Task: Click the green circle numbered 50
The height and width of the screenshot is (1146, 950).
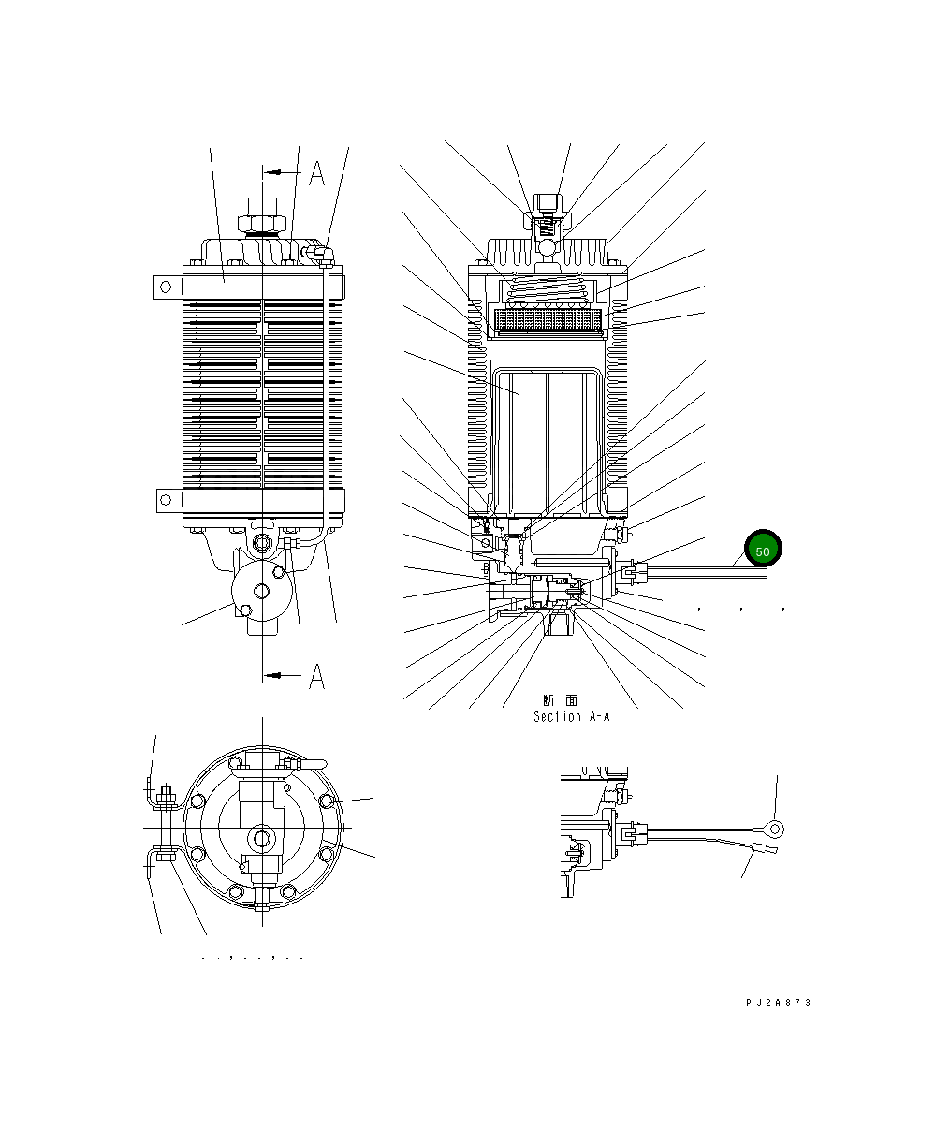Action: tap(762, 551)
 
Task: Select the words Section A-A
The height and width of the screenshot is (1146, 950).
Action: tap(571, 716)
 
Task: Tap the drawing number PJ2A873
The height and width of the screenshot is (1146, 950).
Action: tap(778, 1002)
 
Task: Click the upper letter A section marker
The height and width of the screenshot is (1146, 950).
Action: tap(317, 173)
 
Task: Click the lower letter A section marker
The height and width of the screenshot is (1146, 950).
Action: tap(317, 676)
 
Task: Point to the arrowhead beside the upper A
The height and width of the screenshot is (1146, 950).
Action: tap(270, 172)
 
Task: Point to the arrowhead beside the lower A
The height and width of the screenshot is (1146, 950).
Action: tap(270, 675)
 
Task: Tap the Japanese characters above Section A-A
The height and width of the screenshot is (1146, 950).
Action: tap(560, 700)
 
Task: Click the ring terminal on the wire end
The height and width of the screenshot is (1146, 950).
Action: tap(772, 827)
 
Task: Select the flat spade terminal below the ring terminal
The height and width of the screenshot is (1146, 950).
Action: tap(766, 850)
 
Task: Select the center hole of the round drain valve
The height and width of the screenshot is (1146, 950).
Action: tap(261, 590)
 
